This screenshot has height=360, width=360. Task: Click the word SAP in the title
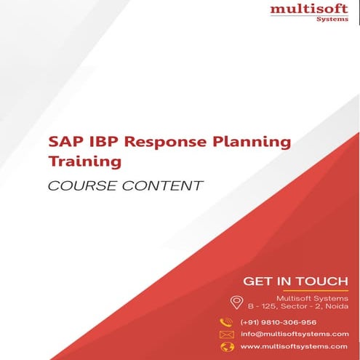click(x=64, y=141)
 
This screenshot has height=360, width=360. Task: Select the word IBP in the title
click(x=101, y=141)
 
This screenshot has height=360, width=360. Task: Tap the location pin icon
click(x=236, y=303)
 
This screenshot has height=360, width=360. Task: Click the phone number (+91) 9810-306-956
click(x=279, y=322)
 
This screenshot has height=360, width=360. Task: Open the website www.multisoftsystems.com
click(x=294, y=346)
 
